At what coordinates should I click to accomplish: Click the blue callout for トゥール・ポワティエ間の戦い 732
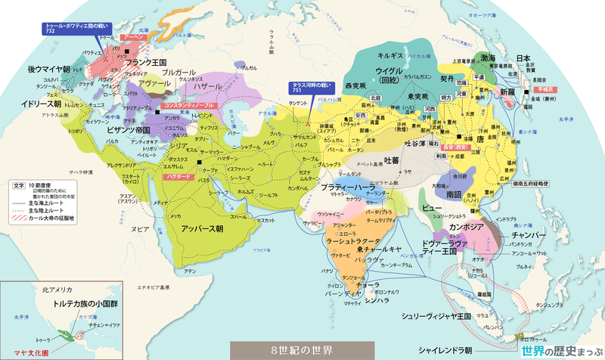(73, 27)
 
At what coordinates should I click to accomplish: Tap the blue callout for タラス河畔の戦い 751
(310, 88)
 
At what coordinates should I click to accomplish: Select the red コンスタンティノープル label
(190, 104)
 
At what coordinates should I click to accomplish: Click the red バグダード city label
(175, 175)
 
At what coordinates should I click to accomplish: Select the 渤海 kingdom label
(487, 58)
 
